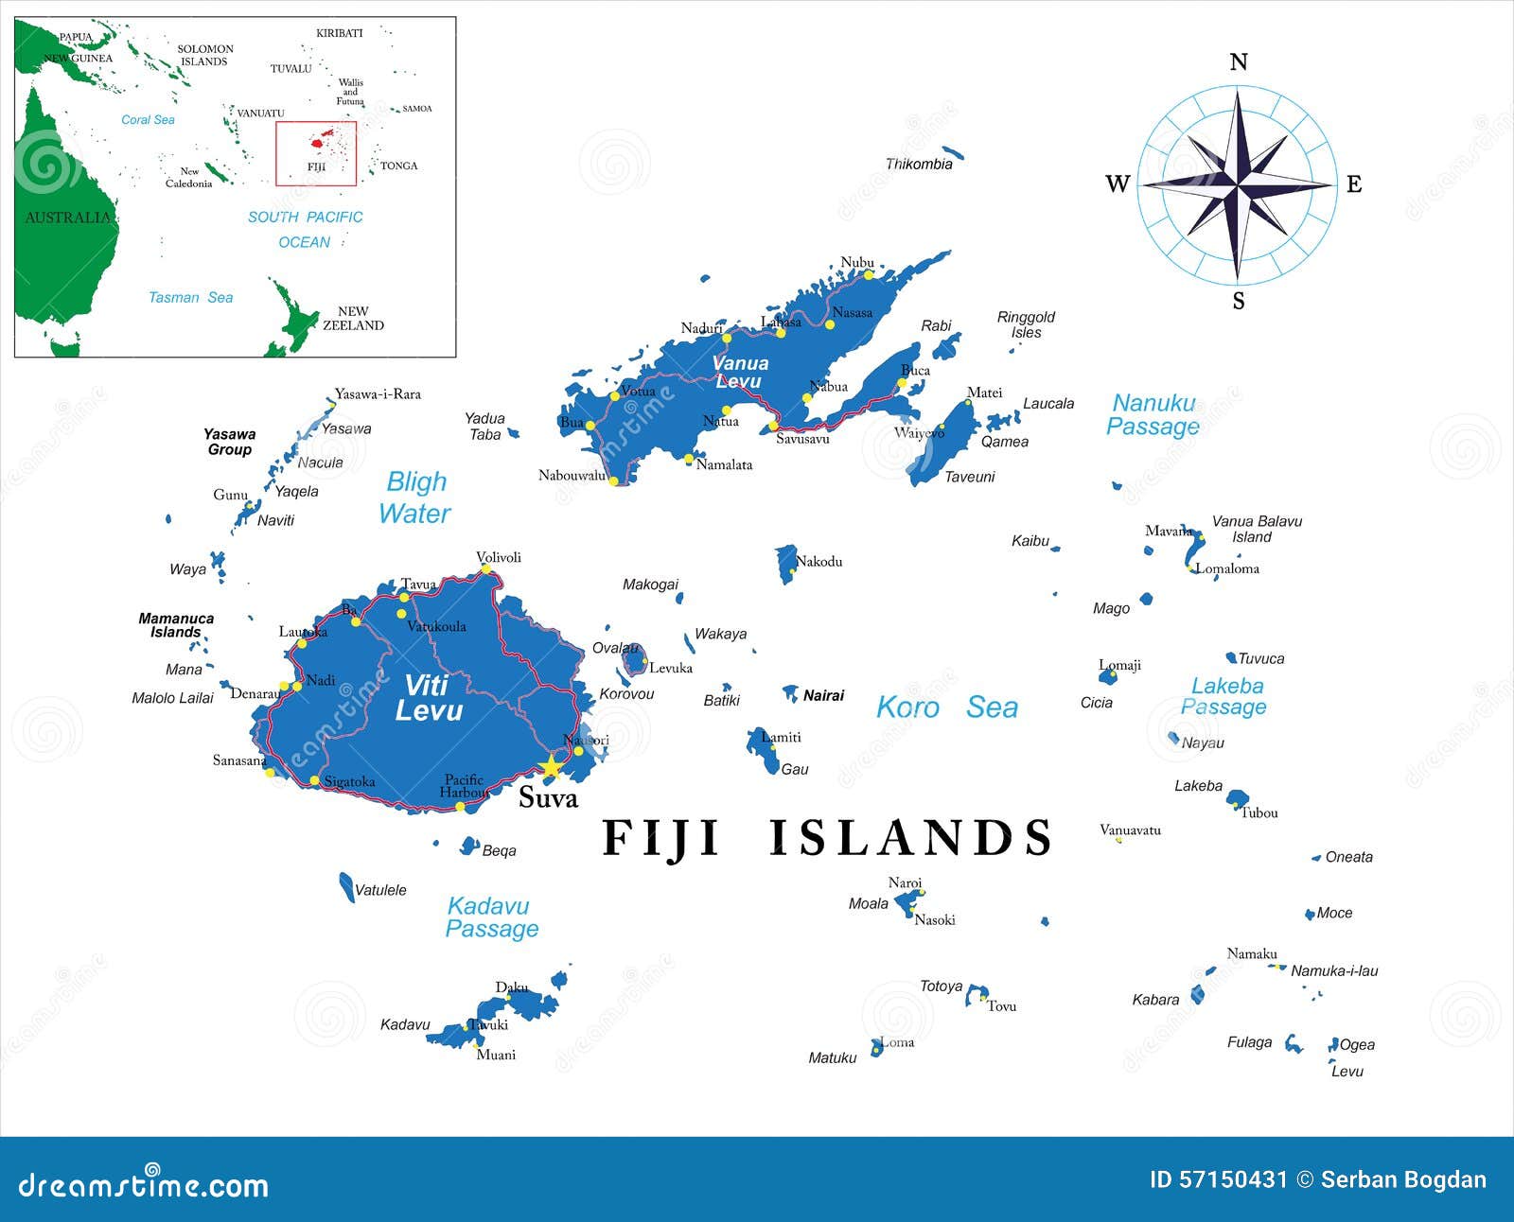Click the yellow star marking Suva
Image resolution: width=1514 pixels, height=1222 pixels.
click(x=550, y=766)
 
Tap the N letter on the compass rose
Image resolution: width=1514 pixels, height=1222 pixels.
click(x=1238, y=62)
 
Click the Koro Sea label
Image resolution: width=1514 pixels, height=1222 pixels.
click(x=946, y=707)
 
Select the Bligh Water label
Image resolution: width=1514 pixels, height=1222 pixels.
click(x=415, y=498)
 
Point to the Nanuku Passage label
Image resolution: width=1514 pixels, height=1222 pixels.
click(x=1153, y=415)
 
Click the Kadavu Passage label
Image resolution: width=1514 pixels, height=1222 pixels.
click(x=491, y=917)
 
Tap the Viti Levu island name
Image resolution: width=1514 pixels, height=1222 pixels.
click(x=429, y=698)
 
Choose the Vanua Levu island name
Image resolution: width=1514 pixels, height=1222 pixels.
click(x=740, y=372)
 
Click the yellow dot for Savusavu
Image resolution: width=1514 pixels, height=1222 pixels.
click(x=773, y=426)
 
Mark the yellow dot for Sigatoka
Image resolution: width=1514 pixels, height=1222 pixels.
click(x=315, y=780)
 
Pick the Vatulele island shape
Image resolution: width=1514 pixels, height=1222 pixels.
click(x=346, y=887)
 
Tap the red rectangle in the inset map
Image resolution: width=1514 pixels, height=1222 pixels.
click(x=316, y=153)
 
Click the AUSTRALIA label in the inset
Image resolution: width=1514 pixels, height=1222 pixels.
click(x=67, y=218)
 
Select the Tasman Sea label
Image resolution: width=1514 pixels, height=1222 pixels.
click(x=190, y=297)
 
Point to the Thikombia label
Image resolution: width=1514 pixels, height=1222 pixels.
click(x=918, y=165)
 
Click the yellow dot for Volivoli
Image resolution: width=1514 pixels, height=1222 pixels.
click(x=486, y=568)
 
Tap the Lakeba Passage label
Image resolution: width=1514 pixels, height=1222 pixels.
click(x=1225, y=696)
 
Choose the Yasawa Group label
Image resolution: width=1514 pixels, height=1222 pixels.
click(x=230, y=442)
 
